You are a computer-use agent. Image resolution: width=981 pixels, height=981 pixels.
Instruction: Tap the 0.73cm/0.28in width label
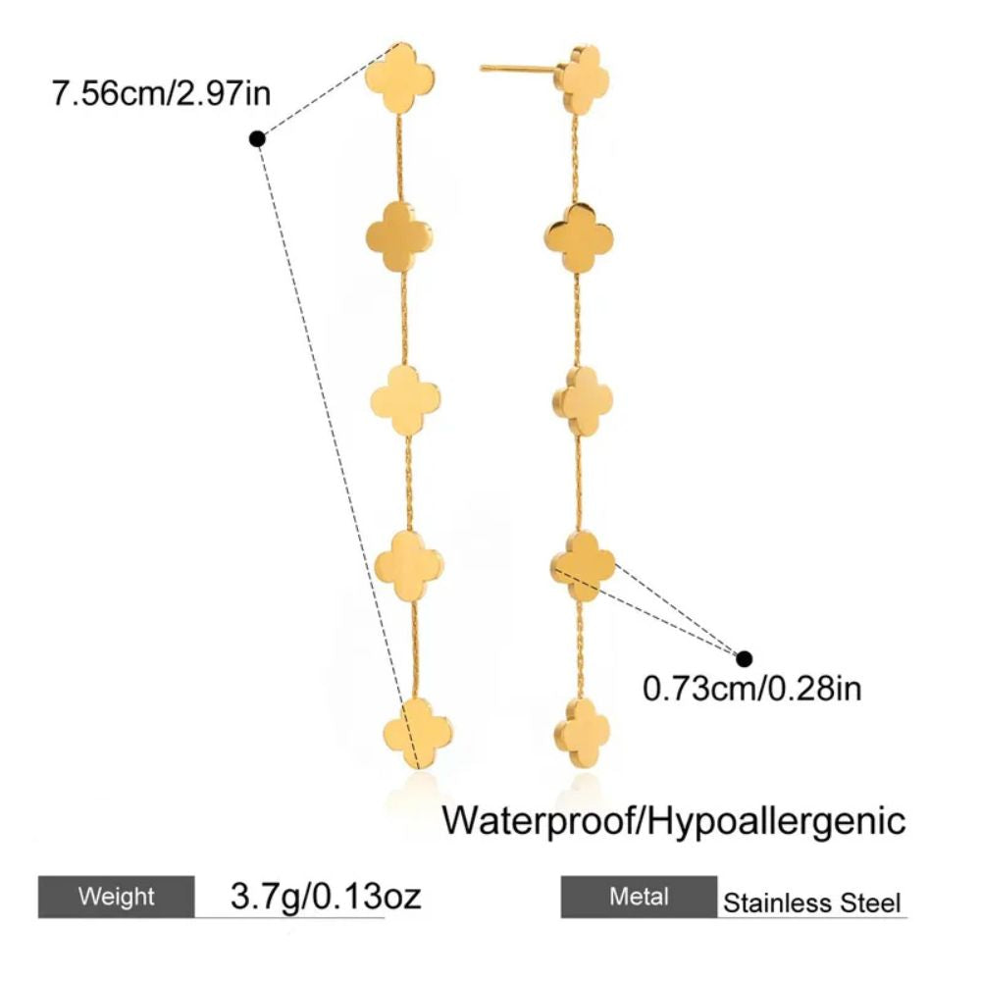pyautogui.click(x=751, y=688)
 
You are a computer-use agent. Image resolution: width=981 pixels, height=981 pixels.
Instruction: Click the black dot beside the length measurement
pyautogui.click(x=258, y=139)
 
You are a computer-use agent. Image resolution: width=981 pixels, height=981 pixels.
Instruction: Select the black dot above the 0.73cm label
pyautogui.click(x=745, y=658)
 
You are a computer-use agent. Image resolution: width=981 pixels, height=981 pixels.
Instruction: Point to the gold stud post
pyautogui.click(x=518, y=69)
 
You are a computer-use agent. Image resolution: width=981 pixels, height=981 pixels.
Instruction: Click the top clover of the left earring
pyautogui.click(x=399, y=77)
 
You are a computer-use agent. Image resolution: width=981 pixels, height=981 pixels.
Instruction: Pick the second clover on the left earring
pyautogui.click(x=399, y=235)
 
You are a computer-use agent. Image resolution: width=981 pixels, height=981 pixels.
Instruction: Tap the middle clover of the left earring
pyautogui.click(x=406, y=400)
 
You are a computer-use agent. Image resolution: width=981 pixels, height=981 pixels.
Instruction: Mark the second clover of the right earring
pyautogui.click(x=578, y=235)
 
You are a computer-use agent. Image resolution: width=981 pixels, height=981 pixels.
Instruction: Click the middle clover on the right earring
pyautogui.click(x=583, y=400)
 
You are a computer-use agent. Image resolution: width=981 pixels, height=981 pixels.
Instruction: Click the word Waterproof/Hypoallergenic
pyautogui.click(x=674, y=819)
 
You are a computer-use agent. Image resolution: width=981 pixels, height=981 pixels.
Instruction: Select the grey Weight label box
pyautogui.click(x=116, y=896)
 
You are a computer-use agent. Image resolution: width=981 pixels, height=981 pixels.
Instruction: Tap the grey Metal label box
pyautogui.click(x=639, y=896)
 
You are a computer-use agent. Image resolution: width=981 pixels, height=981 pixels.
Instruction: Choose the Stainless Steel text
pyautogui.click(x=811, y=903)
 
